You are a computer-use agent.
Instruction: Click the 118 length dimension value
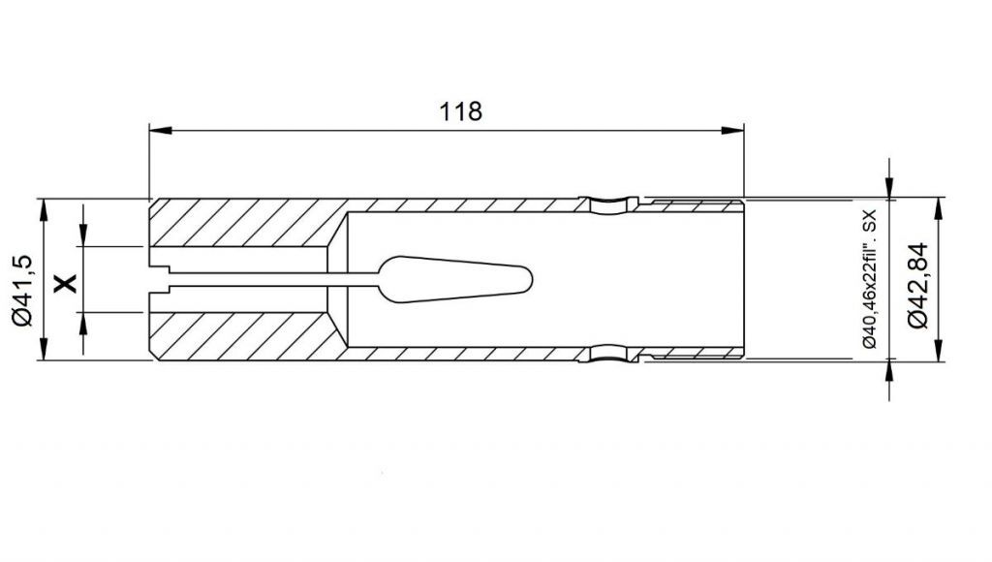(x=460, y=111)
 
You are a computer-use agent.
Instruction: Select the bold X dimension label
(x=65, y=283)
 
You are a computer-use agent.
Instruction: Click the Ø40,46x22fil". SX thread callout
(x=869, y=279)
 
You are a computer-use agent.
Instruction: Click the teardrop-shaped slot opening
(x=455, y=279)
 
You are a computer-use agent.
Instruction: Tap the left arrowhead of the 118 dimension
(x=161, y=131)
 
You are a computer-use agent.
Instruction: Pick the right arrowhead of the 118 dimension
(x=732, y=131)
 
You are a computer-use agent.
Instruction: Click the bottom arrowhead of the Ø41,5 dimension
(x=44, y=349)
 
